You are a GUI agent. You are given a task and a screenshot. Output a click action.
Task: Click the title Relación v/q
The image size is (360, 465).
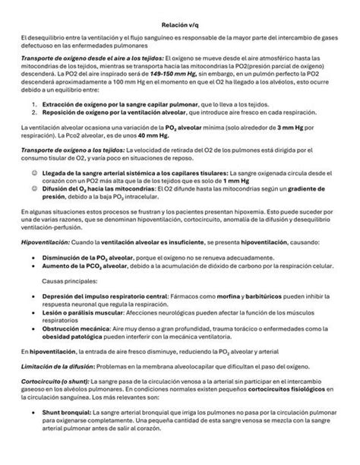179,24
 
